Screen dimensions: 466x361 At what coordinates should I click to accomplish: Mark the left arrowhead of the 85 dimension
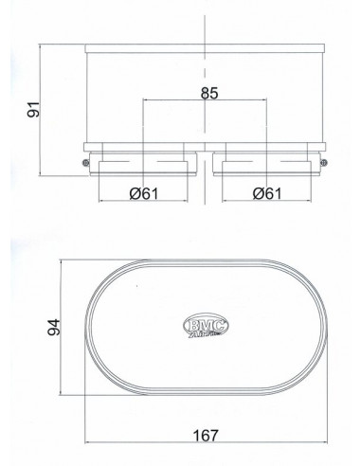coord(146,100)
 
